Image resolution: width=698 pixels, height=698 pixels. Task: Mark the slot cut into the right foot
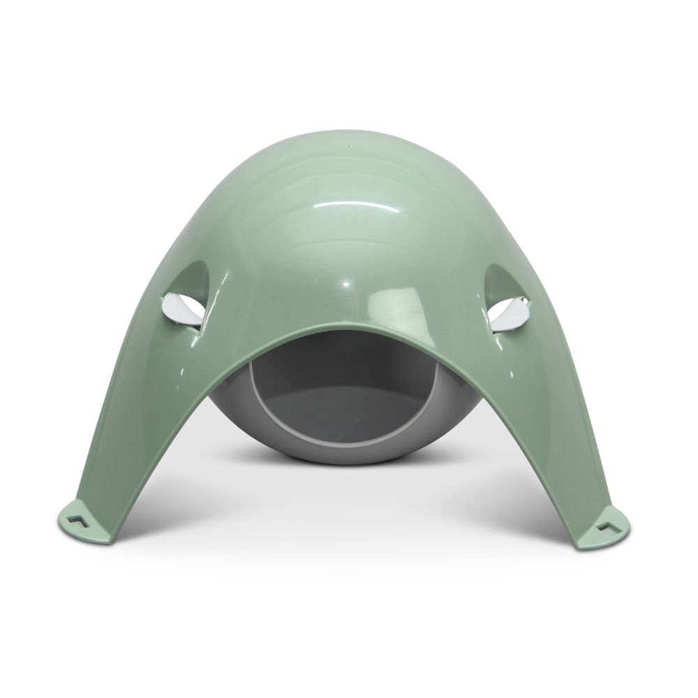(x=614, y=519)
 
